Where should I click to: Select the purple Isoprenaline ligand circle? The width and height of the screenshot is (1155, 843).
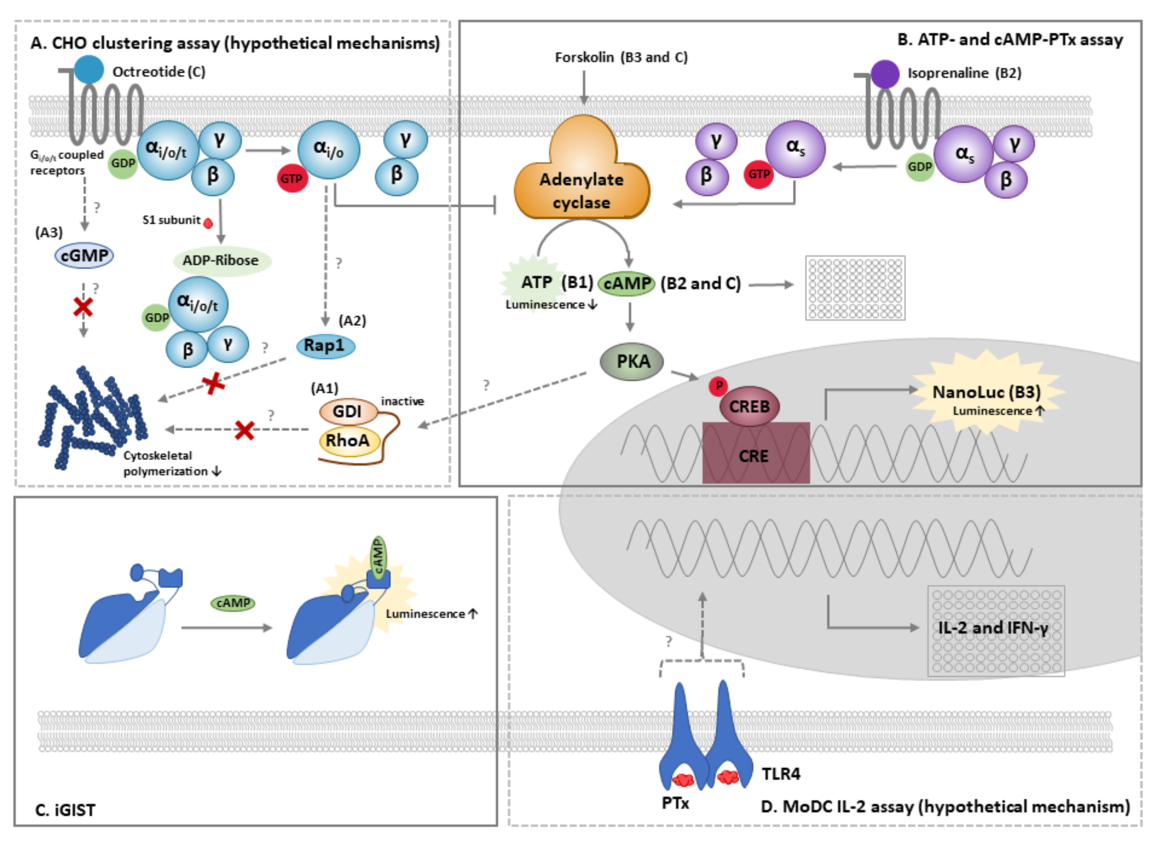pyautogui.click(x=885, y=74)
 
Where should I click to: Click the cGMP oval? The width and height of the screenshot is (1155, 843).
pyautogui.click(x=84, y=255)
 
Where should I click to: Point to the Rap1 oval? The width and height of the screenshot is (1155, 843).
pyautogui.click(x=325, y=346)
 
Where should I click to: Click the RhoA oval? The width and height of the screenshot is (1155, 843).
pyautogui.click(x=349, y=440)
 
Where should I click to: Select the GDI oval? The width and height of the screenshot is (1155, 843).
pyautogui.click(x=348, y=411)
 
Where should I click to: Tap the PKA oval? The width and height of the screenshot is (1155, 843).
pyautogui.click(x=632, y=361)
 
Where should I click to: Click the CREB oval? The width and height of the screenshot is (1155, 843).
pyautogui.click(x=749, y=407)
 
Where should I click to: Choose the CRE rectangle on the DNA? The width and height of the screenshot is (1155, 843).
pyautogui.click(x=756, y=454)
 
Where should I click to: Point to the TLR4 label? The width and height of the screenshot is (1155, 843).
pyautogui.click(x=781, y=774)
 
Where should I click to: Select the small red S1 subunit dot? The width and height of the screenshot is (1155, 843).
pyautogui.click(x=208, y=223)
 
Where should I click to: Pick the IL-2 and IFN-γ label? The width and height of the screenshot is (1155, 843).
pyautogui.click(x=993, y=628)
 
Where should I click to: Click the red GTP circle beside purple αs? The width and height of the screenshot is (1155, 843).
pyautogui.click(x=759, y=175)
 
